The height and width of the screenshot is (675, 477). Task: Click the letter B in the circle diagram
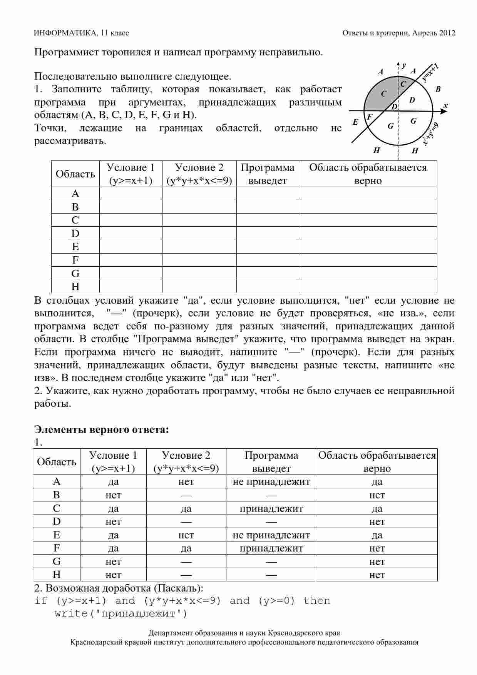(x=438, y=89)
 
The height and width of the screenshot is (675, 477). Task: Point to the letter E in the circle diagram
(x=356, y=122)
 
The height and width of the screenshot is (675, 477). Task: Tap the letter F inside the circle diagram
(x=370, y=117)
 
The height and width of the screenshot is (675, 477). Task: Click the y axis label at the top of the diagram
(x=403, y=65)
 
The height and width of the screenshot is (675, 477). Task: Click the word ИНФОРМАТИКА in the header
(x=65, y=33)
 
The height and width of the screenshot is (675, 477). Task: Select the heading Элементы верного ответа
(x=102, y=429)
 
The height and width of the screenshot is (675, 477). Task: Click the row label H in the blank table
(x=75, y=287)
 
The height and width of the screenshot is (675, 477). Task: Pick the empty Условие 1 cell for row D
(x=131, y=234)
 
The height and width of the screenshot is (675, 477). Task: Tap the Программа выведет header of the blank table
(x=268, y=174)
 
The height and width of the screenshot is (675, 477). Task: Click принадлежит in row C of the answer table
(x=271, y=509)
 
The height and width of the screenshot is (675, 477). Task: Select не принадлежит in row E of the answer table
(x=271, y=535)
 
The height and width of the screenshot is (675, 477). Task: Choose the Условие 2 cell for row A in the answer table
(x=186, y=482)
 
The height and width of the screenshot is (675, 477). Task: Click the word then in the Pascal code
(x=316, y=601)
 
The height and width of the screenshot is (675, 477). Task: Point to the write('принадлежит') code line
(x=121, y=614)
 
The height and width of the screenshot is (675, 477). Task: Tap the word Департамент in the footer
(x=167, y=633)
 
